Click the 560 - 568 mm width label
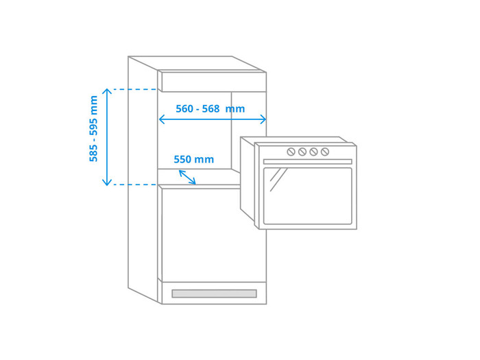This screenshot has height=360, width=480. pyautogui.click(x=211, y=108)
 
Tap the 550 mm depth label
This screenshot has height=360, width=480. pyautogui.click(x=194, y=160)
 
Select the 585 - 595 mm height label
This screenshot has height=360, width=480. pyautogui.click(x=93, y=129)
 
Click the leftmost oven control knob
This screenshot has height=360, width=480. pyautogui.click(x=291, y=152)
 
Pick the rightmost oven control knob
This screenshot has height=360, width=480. pyautogui.click(x=325, y=152)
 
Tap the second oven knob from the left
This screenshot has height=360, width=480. pyautogui.click(x=302, y=152)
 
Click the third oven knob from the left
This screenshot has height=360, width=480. pyautogui.click(x=313, y=152)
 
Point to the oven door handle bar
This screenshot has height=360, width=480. pyautogui.click(x=308, y=162)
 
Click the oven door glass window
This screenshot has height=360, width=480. pyautogui.click(x=308, y=196)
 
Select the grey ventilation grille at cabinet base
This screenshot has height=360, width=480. pyautogui.click(x=214, y=293)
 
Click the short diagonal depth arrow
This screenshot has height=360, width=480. pyautogui.click(x=187, y=177)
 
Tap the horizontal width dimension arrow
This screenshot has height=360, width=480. pyautogui.click(x=213, y=119)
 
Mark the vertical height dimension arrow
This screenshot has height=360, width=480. pyautogui.click(x=107, y=137)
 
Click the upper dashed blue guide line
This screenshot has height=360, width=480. pyautogui.click(x=135, y=89)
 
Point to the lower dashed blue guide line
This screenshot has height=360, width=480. pyautogui.click(x=135, y=184)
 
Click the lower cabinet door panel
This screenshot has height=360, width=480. pyautogui.click(x=214, y=235)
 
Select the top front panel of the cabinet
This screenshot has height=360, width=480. pyautogui.click(x=214, y=82)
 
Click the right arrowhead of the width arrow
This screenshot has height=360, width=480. pyautogui.click(x=263, y=119)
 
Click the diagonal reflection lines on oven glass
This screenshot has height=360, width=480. pyautogui.click(x=278, y=180)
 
